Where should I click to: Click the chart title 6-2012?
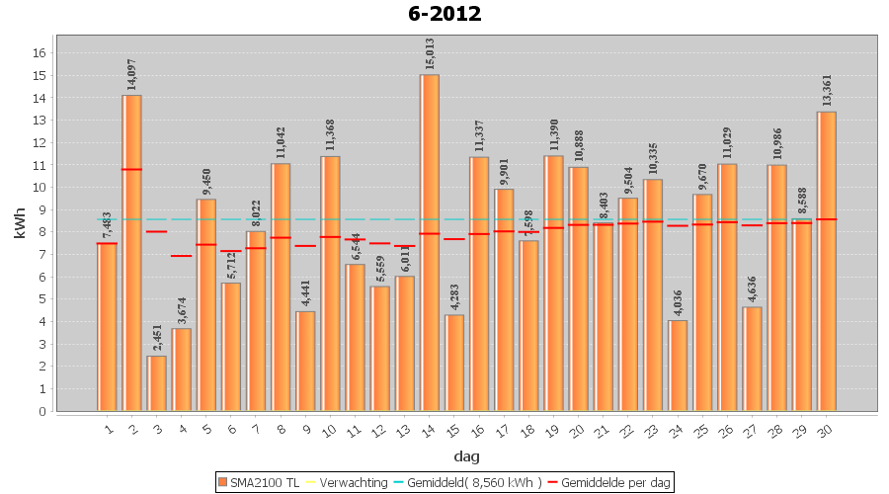pyautogui.click(x=444, y=14)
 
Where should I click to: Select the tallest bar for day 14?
pyautogui.click(x=430, y=242)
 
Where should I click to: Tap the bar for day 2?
pyautogui.click(x=131, y=253)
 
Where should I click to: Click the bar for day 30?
pyautogui.click(x=827, y=261)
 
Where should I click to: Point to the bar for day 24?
pyautogui.click(x=678, y=366)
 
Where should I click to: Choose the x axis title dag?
pyautogui.click(x=467, y=455)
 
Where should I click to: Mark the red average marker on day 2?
pyautogui.click(x=131, y=169)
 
